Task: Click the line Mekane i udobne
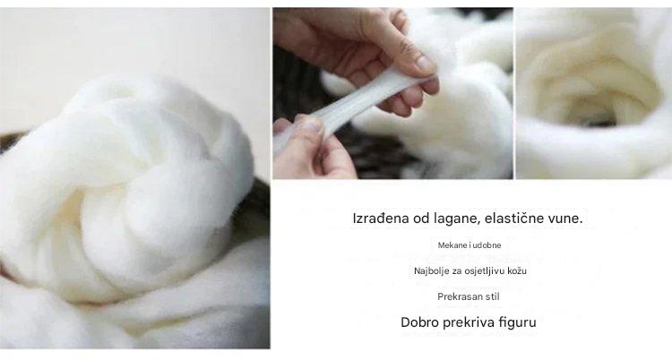pos(469,244)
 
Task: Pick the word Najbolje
pos(432,270)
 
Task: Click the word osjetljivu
pos(489,270)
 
